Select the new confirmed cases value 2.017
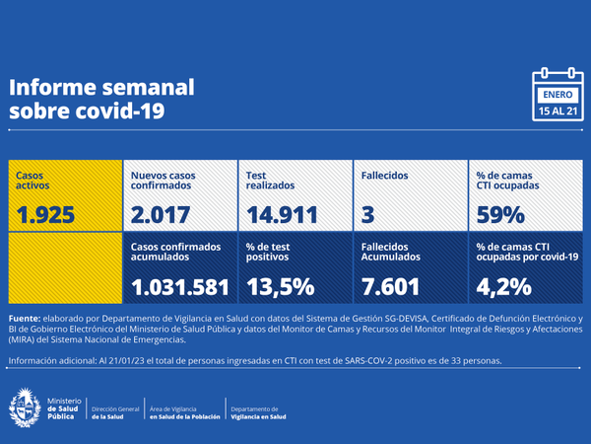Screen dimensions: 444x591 click(x=163, y=213)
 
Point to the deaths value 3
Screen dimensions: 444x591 click(x=366, y=213)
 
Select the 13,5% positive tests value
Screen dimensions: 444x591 click(x=280, y=286)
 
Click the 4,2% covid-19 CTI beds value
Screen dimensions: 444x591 click(x=503, y=286)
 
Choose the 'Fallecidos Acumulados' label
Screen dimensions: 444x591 click(x=391, y=252)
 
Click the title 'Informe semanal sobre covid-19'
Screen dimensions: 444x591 click(x=101, y=100)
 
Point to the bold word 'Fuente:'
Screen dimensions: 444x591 click(x=26, y=319)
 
